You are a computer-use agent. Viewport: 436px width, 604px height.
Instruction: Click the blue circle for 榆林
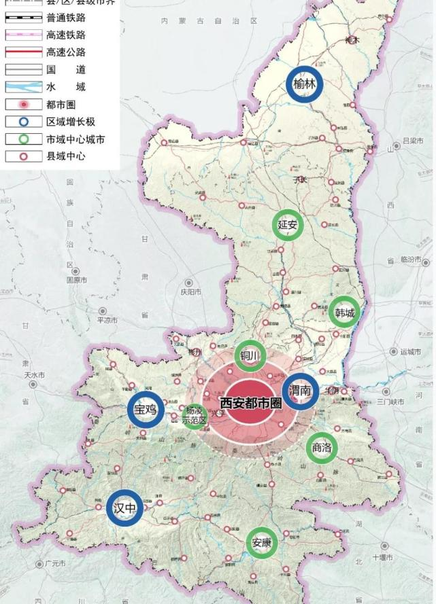tap(304, 85)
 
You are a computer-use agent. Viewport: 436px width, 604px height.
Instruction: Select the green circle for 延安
tap(288, 225)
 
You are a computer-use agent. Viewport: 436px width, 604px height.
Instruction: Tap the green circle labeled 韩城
tap(344, 313)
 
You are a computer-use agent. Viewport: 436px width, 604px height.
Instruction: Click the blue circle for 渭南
tap(300, 391)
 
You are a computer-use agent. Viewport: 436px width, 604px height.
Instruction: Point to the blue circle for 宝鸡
tap(146, 410)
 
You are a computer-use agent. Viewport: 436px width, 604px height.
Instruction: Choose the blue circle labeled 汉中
tap(125, 508)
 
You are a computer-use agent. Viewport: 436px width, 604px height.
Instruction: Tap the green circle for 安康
tap(262, 543)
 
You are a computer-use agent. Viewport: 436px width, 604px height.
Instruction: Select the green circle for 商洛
tap(322, 447)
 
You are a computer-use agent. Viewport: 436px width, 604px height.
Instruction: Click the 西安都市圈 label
tap(250, 403)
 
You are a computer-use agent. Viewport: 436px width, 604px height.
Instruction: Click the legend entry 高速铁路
tap(66, 35)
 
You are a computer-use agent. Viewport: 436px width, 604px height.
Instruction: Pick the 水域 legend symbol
tap(24, 87)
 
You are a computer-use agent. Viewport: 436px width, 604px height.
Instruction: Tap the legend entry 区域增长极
tap(71, 122)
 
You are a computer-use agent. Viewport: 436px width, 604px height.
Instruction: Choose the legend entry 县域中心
tap(66, 156)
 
